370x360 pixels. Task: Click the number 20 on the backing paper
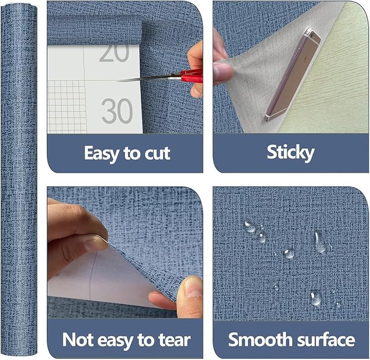[114, 51]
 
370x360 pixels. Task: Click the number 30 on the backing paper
[117, 111]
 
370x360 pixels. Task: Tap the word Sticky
[290, 153]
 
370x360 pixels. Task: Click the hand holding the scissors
[196, 60]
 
